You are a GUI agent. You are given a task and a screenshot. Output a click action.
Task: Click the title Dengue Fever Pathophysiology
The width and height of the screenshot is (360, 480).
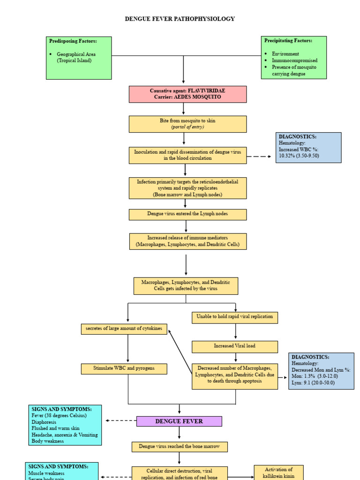pos(180,19)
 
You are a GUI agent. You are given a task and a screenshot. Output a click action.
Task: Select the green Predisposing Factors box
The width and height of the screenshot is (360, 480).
pos(79,58)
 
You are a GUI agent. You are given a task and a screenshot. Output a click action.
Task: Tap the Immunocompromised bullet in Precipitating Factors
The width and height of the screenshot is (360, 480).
pos(294,60)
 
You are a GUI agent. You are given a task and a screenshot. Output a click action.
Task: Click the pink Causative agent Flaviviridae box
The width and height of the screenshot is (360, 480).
pos(187,94)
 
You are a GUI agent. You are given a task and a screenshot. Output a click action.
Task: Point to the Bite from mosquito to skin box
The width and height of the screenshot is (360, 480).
pos(187,124)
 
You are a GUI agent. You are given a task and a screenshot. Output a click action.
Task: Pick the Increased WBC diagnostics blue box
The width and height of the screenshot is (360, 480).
pos(308,147)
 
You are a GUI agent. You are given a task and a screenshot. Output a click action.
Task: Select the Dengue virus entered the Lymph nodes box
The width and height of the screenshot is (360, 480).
pos(187,214)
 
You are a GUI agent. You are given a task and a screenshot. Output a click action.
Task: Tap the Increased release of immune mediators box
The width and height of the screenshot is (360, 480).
pos(187,241)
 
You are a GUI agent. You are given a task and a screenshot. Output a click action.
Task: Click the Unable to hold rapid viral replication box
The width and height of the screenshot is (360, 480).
pos(235,317)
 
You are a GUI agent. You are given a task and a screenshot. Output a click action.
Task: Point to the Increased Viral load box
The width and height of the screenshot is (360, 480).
pos(235,346)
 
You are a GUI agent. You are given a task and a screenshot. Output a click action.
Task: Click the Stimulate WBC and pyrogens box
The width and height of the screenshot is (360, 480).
pos(124,369)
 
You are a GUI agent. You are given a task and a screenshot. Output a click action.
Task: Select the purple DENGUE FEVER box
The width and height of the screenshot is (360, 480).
pos(179,421)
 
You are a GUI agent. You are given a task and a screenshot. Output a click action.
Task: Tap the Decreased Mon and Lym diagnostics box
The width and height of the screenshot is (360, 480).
pos(321,371)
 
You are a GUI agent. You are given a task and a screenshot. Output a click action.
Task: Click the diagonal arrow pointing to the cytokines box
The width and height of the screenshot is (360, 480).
pos(180,352)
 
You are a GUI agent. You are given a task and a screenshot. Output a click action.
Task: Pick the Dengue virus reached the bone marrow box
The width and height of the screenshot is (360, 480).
pos(180,447)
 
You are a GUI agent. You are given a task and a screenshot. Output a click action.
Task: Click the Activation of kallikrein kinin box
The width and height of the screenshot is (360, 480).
pos(278,472)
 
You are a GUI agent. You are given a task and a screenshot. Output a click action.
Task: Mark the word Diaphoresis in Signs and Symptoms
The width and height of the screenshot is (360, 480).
pos(44,421)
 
